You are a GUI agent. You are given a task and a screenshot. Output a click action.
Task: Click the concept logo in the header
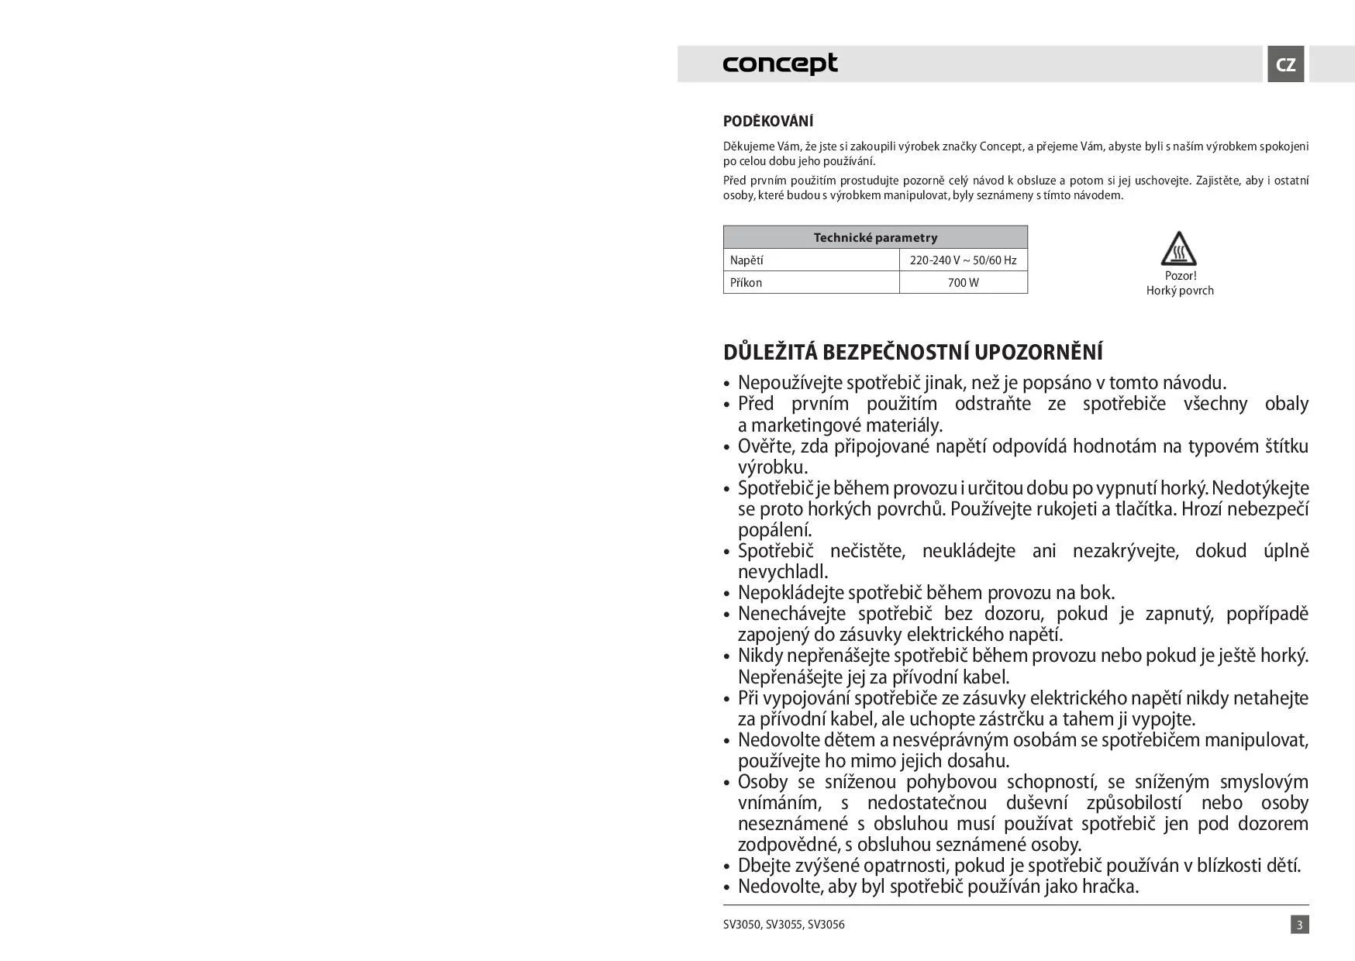[x=780, y=64]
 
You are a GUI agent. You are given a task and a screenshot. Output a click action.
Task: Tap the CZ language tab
[x=1285, y=64]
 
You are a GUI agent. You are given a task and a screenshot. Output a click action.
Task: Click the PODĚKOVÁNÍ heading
[x=767, y=122]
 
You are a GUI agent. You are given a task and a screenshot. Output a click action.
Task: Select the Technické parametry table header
[x=875, y=238]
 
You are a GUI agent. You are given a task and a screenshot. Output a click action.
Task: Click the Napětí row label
[x=746, y=260]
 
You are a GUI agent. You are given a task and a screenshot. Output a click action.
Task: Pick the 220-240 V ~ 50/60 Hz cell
[x=963, y=260]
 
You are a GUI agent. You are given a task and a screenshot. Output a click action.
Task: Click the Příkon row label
[x=746, y=283]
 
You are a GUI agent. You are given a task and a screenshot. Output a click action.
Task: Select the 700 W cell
[x=963, y=283]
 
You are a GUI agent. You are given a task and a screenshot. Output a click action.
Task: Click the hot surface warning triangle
[x=1178, y=250]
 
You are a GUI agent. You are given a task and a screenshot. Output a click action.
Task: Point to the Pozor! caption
[x=1180, y=276]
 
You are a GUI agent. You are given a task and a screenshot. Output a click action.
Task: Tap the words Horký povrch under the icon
[x=1180, y=291]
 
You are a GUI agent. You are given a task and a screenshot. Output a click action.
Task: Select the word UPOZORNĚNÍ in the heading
[x=1038, y=352]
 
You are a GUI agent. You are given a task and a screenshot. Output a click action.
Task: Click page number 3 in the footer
[x=1299, y=925]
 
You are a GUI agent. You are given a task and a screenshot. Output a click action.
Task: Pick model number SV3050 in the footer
[x=741, y=925]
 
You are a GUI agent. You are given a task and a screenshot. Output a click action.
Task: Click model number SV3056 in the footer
[x=826, y=925]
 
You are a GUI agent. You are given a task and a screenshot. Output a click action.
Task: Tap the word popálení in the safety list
[x=774, y=530]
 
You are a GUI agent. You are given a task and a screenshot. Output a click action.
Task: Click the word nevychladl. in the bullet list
[x=783, y=572]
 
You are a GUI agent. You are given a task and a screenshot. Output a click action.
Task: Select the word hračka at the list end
[x=1108, y=886]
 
